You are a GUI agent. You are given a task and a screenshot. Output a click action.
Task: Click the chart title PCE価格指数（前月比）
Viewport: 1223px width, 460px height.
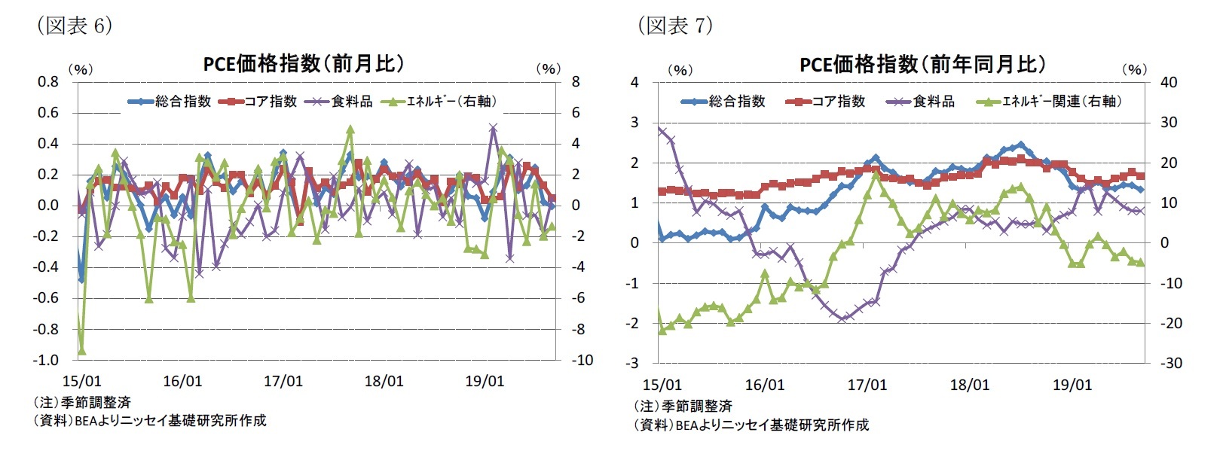click(x=304, y=64)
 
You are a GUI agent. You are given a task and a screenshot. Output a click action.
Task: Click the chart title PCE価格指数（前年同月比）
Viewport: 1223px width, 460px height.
click(x=922, y=65)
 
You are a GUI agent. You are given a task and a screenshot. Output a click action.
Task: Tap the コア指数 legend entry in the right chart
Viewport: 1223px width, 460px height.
click(x=826, y=101)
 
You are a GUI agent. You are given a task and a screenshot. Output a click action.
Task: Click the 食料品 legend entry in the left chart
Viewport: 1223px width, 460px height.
click(x=339, y=101)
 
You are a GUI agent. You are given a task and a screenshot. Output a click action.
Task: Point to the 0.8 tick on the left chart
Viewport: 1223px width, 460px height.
click(x=48, y=81)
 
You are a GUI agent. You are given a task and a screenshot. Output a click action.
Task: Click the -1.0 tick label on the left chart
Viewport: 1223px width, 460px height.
click(x=46, y=360)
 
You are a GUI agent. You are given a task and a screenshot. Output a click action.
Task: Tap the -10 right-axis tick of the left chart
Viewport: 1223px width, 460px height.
click(x=582, y=360)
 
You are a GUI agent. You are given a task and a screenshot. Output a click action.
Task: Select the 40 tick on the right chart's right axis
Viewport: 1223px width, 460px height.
click(x=1168, y=82)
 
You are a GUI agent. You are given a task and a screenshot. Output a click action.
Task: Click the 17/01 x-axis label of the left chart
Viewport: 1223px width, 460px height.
click(x=283, y=381)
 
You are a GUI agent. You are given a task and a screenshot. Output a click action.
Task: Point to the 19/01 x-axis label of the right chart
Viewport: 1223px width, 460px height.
click(x=1072, y=385)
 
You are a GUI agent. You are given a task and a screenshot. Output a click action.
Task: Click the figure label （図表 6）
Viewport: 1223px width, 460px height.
click(x=75, y=26)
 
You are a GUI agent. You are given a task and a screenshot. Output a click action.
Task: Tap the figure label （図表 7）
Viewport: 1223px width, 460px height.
click(x=675, y=26)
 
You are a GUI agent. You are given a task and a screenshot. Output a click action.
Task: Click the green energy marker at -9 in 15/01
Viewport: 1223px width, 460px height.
click(x=81, y=350)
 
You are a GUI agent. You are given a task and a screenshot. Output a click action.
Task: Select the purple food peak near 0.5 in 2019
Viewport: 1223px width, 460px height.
click(x=493, y=128)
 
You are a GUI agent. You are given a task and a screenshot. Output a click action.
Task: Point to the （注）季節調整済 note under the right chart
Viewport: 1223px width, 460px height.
click(x=683, y=407)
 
